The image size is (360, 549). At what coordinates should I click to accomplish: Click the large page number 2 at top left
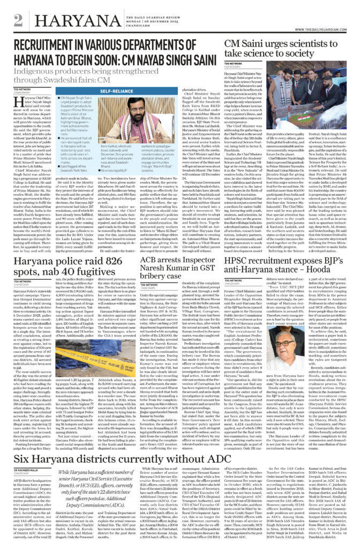point(18,19)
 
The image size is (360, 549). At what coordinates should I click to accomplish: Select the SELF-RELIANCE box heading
point(97,92)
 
